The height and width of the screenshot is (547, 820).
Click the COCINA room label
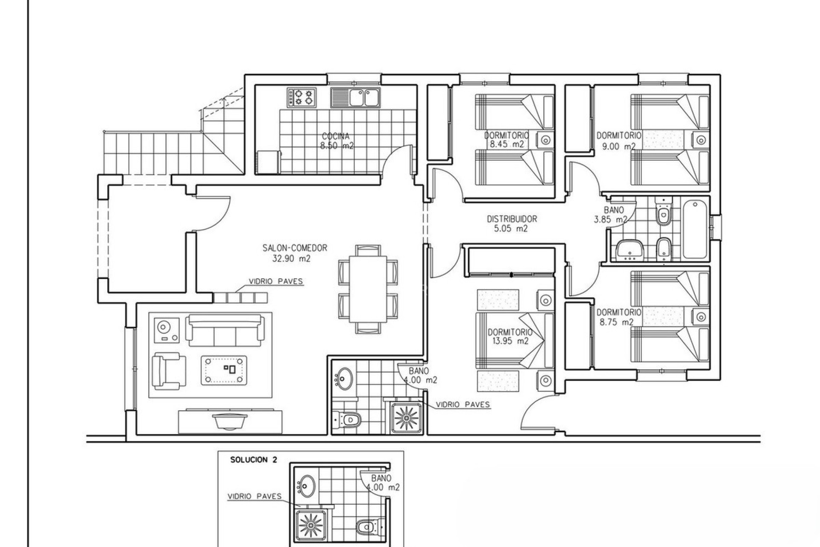[x=336, y=136]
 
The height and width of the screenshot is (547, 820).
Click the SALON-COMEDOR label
[x=295, y=248]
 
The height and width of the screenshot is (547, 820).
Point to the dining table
[x=368, y=289]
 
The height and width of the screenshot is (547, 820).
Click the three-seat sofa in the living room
[x=224, y=330]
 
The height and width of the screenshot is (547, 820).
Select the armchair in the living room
[x=169, y=371]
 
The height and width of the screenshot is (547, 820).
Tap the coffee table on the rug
[x=224, y=371]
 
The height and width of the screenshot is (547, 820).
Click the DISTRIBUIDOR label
[x=512, y=219]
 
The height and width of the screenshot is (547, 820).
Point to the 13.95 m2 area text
[x=510, y=341]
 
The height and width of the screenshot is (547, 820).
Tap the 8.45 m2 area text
[x=507, y=144]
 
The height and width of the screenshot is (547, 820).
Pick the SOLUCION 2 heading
[x=254, y=460]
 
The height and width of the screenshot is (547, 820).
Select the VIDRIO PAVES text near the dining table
[x=276, y=281]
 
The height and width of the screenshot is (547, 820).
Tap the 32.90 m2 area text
[x=291, y=258]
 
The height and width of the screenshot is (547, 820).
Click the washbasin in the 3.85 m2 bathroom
[x=630, y=249]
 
